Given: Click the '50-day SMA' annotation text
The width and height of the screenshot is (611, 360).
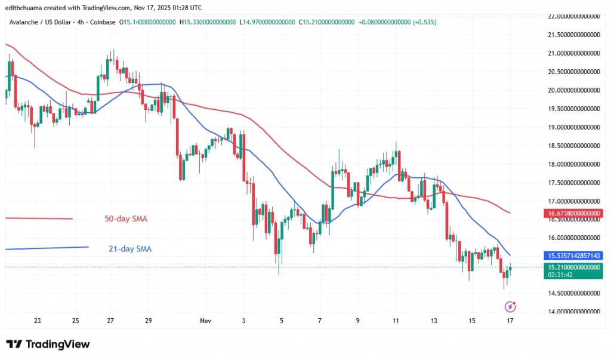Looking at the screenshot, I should pyautogui.click(x=122, y=219).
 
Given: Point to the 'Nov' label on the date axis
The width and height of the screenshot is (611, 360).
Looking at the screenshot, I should pyautogui.click(x=205, y=321).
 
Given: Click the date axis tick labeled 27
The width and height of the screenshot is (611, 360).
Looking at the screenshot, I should pyautogui.click(x=110, y=321).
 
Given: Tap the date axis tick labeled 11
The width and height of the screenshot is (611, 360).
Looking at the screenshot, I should pyautogui.click(x=396, y=321).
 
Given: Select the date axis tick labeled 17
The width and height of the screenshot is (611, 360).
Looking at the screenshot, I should pyautogui.click(x=510, y=321).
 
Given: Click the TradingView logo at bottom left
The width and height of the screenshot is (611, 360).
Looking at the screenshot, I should pyautogui.click(x=48, y=344).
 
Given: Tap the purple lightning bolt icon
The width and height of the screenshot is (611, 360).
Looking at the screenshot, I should pyautogui.click(x=510, y=306).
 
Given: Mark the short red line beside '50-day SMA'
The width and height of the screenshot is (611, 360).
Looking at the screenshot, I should pyautogui.click(x=39, y=219).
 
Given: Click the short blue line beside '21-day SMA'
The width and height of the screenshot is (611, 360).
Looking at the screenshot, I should pyautogui.click(x=47, y=248).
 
